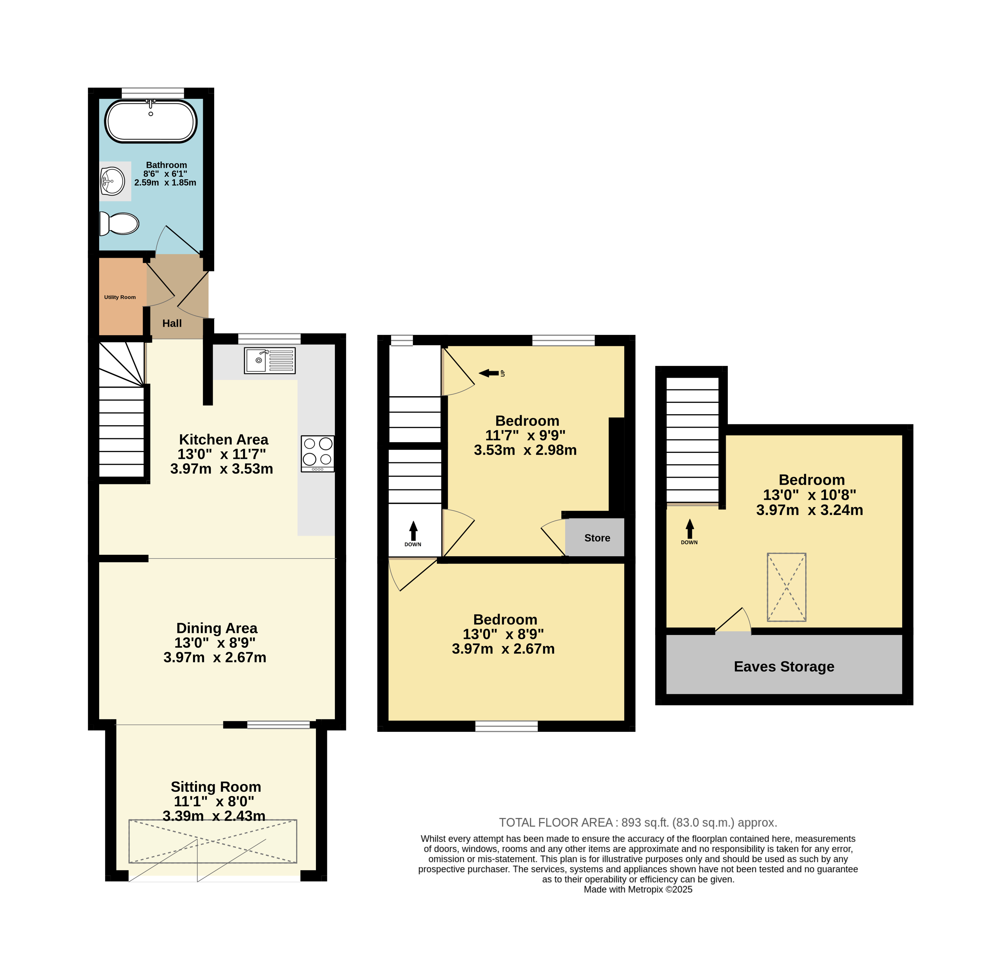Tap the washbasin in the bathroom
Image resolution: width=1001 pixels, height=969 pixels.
(112, 181)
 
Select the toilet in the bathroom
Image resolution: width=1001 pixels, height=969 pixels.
(119, 223)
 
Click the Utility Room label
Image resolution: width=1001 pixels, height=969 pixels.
(120, 297)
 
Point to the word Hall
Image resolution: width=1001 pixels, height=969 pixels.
(172, 324)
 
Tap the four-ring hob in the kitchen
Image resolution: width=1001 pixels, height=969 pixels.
(318, 454)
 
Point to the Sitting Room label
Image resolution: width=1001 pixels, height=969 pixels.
(216, 787)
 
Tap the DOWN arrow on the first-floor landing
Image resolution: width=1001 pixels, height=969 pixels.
(413, 531)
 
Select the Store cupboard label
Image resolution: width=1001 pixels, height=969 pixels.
(597, 538)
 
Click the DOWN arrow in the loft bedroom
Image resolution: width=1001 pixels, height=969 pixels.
(690, 529)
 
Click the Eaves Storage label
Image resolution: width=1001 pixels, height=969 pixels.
(784, 666)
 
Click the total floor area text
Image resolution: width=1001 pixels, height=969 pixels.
(638, 823)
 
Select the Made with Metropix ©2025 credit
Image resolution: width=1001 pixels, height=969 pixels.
(638, 889)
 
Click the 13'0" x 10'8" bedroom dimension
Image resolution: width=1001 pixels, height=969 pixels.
(809, 495)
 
